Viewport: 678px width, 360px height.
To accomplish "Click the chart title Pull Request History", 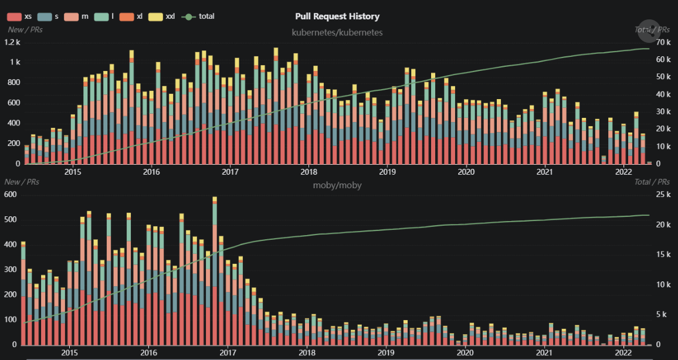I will pyautogui.click(x=337, y=16).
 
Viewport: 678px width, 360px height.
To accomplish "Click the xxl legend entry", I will pyautogui.click(x=164, y=16).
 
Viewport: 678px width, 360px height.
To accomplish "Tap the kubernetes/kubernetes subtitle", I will pyautogui.click(x=337, y=32).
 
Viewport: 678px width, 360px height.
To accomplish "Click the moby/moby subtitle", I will pyautogui.click(x=337, y=185).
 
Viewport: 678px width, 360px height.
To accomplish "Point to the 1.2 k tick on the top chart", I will pyautogui.click(x=12, y=42).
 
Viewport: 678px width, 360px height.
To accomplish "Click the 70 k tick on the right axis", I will pyautogui.click(x=663, y=42).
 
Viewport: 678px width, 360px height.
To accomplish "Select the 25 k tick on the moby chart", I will pyautogui.click(x=663, y=195).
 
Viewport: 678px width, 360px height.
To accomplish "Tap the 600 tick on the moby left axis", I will pyautogui.click(x=11, y=195).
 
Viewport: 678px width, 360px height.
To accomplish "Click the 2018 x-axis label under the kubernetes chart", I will pyautogui.click(x=309, y=172).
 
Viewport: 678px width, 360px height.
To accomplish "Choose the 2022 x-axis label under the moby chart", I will pyautogui.click(x=623, y=353).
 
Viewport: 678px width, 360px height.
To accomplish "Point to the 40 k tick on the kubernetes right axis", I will pyautogui.click(x=663, y=94).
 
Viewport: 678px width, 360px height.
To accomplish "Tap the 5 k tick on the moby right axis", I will pyautogui.click(x=662, y=315).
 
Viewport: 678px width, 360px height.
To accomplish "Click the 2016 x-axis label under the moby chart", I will pyautogui.click(x=148, y=353).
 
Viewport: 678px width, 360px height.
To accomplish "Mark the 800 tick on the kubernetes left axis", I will pyautogui.click(x=13, y=83).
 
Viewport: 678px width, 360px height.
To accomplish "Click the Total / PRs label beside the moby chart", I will pyautogui.click(x=652, y=182).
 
